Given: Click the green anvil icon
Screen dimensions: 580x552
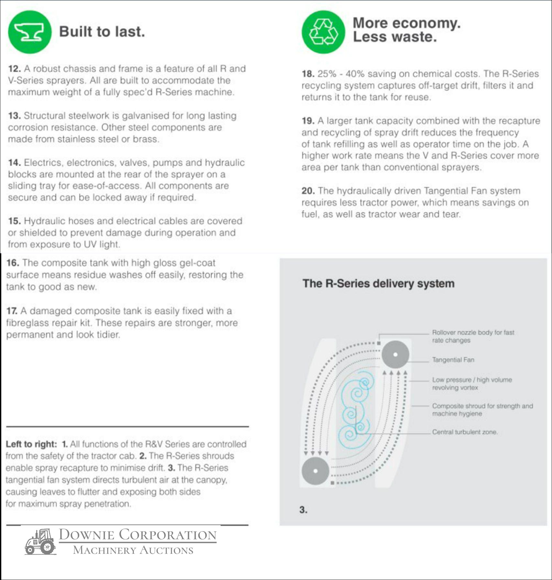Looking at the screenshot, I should coord(30,32).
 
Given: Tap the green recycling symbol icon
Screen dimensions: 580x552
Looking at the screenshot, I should coord(323,32).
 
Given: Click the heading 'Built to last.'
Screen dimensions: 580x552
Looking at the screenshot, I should coord(102,32).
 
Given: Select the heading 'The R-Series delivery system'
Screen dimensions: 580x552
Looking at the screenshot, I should coord(378,284).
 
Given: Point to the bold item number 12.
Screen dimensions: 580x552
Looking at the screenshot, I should coord(15,69).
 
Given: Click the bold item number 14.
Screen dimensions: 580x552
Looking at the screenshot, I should coord(15,162).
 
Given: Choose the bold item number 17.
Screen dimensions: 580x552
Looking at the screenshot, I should coord(12,311).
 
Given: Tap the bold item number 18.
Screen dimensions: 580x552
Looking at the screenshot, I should coord(308,74).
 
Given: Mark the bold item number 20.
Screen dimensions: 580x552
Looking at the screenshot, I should coord(308,191).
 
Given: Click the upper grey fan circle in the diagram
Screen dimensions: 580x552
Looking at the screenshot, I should coord(395,354).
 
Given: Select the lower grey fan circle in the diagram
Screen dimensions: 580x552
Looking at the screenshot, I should coord(315,471).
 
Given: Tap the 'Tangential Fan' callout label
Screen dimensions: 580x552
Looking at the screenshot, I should coord(453,360).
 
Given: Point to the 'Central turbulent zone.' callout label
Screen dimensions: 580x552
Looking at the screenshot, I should coord(465,432).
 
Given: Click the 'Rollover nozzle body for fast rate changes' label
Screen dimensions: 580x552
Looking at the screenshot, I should coord(473,336).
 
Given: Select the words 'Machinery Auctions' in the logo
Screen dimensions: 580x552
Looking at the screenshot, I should coord(133,550).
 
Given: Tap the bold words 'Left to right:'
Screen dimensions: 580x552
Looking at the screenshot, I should coord(31,444).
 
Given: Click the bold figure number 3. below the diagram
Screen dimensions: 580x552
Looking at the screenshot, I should coord(303,510).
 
